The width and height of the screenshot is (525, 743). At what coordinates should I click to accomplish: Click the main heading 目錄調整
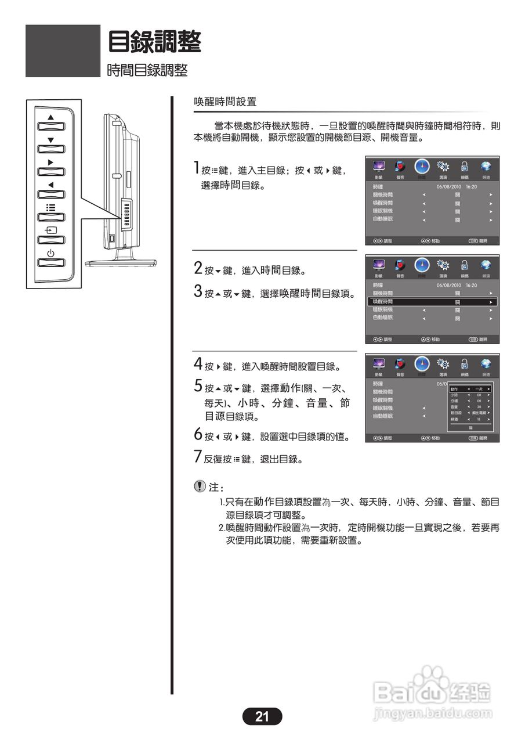click(x=155, y=42)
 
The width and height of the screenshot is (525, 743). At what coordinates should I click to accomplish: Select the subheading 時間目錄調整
click(x=147, y=70)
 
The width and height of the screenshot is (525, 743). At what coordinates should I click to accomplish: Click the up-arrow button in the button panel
click(x=51, y=122)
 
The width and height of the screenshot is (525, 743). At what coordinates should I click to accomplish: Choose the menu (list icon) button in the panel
click(x=51, y=213)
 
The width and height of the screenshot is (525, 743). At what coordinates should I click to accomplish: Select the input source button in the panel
click(x=51, y=236)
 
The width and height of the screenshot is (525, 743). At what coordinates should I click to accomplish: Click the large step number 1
click(x=197, y=169)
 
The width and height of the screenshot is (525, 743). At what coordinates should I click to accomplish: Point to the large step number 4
click(x=198, y=365)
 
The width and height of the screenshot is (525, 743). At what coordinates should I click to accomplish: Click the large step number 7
click(x=198, y=456)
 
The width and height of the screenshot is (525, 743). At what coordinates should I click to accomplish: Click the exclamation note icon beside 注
click(x=200, y=486)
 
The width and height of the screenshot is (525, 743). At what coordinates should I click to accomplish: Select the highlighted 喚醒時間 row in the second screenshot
click(x=432, y=302)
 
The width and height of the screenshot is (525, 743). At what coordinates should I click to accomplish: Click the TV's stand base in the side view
click(x=121, y=262)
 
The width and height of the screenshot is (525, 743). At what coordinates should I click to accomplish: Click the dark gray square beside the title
click(x=63, y=51)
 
